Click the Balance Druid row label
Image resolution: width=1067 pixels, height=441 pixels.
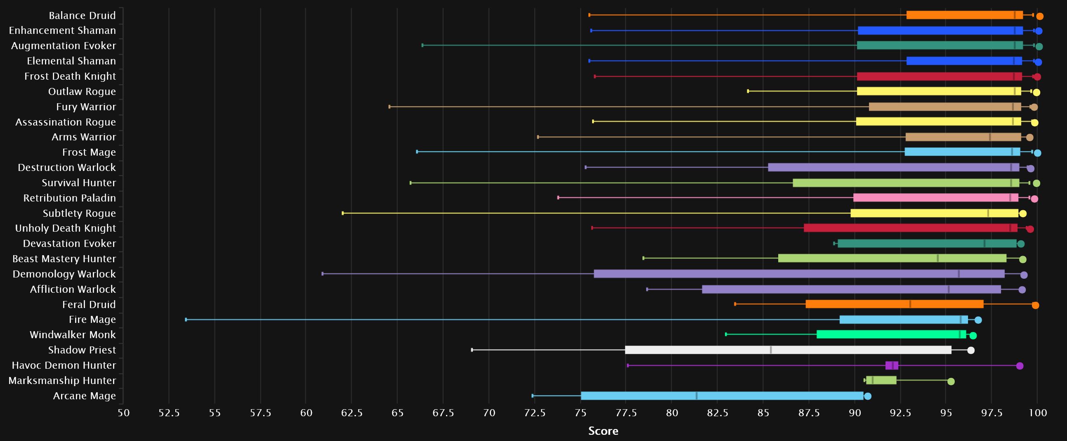[x=82, y=15]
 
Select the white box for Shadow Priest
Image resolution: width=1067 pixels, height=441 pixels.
[x=788, y=350]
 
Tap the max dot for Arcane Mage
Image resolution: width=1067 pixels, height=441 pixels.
[x=867, y=396]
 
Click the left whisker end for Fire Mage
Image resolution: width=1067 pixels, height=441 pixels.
[x=186, y=320]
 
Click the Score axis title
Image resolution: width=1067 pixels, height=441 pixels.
[x=603, y=431]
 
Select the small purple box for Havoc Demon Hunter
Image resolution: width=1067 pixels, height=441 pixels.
[x=892, y=365]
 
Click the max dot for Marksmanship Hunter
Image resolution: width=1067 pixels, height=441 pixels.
[x=951, y=381]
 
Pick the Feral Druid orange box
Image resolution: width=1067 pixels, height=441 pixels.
[x=895, y=304]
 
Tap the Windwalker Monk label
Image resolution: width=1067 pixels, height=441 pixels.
[x=73, y=335]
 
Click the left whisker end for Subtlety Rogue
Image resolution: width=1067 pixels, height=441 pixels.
[x=342, y=213]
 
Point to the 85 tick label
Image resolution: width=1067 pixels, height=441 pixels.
[x=763, y=413]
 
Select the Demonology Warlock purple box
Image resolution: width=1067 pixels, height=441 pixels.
[x=799, y=274]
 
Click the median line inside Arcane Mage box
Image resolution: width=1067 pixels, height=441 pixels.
[x=697, y=396]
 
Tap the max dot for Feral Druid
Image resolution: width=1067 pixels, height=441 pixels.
[x=1035, y=306]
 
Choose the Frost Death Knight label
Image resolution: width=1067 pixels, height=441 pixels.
[x=70, y=76]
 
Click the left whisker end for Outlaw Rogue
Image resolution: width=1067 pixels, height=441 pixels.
[x=748, y=91]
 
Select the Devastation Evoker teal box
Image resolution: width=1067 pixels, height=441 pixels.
[x=927, y=243]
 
